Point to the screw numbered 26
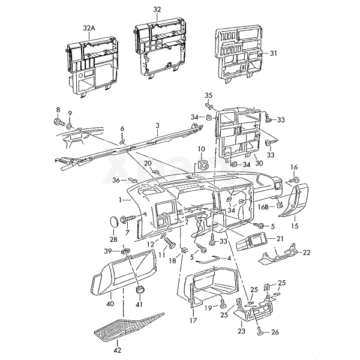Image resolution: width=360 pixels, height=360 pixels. point(259,330)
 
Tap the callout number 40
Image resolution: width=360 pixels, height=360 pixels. point(110,304)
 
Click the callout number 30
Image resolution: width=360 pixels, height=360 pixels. point(259,163)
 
